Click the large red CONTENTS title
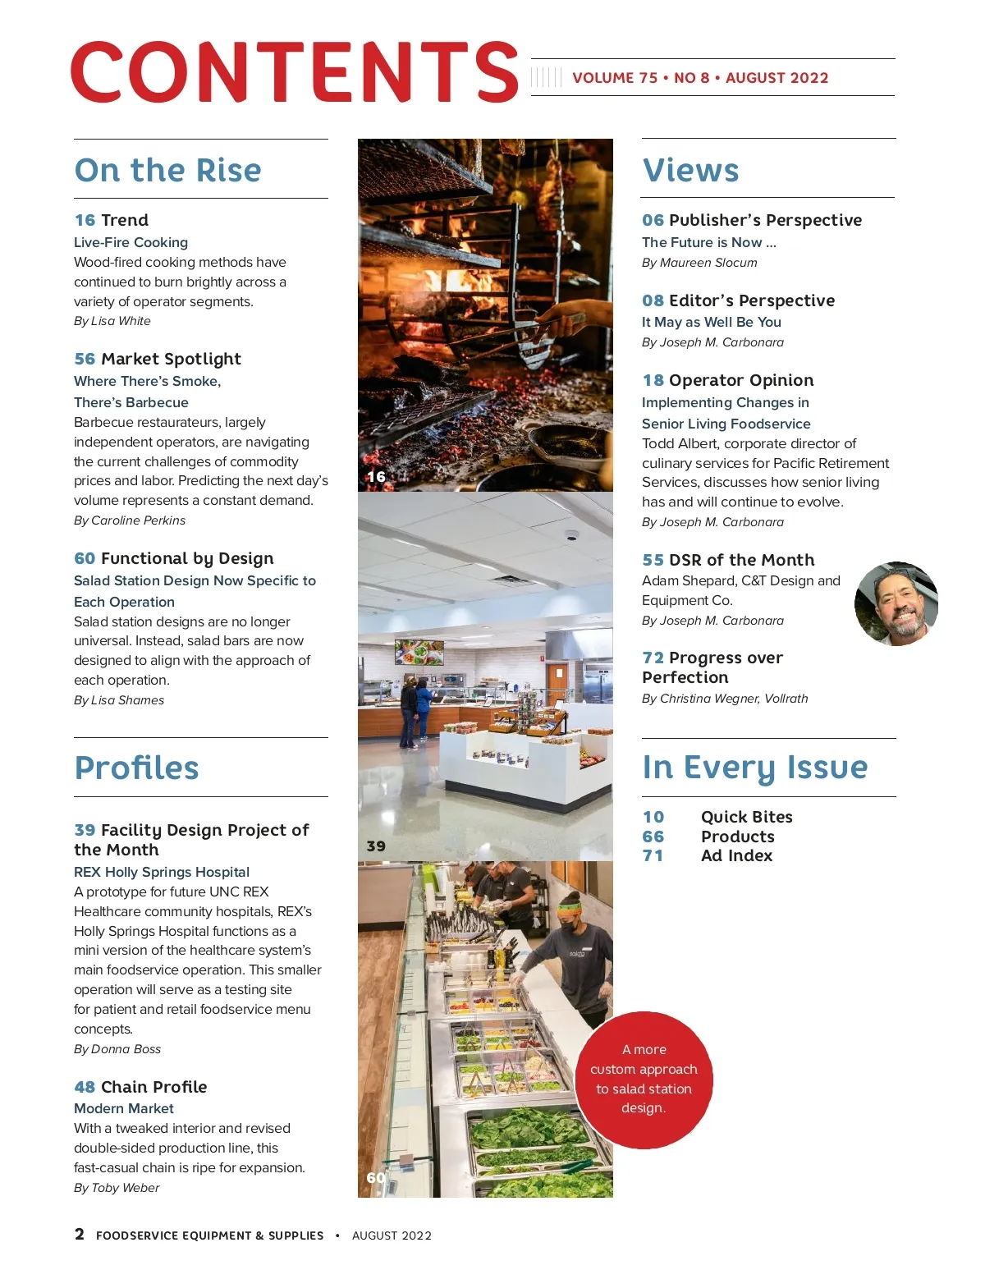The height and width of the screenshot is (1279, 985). (294, 72)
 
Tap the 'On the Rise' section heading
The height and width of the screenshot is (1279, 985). (167, 170)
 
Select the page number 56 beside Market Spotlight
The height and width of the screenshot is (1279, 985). (85, 359)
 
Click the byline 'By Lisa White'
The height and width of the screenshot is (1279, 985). (112, 321)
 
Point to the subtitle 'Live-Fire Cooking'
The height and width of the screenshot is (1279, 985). (131, 242)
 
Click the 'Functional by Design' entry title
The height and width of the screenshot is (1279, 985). (187, 558)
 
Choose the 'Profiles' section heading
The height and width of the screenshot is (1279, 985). (136, 768)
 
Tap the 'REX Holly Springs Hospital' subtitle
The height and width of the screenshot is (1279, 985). (162, 872)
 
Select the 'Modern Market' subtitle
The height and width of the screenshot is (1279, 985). (124, 1108)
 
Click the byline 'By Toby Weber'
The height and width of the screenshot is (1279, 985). (117, 1188)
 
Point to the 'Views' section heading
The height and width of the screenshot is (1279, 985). (690, 170)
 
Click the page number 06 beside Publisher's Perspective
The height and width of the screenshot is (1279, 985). (653, 220)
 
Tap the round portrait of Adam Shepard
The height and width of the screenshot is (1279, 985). (896, 604)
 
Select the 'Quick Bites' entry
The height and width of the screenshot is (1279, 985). (746, 817)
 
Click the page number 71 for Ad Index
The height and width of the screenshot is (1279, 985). (653, 855)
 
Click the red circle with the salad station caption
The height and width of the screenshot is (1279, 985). (644, 1079)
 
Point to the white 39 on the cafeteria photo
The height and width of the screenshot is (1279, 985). (376, 846)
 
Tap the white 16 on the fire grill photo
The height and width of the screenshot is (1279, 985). (376, 476)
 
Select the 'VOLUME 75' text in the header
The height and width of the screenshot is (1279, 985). (615, 78)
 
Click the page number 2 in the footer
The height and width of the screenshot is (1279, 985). (80, 1234)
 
